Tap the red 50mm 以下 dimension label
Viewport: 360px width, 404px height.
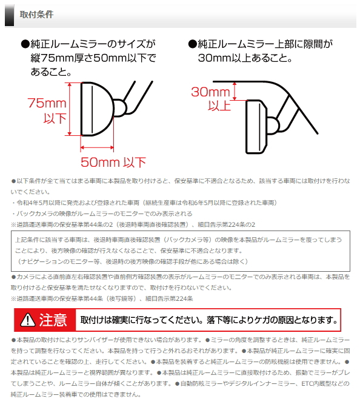point(113,161)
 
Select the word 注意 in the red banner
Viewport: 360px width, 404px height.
point(53,320)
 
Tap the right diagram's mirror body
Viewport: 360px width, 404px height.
point(256,126)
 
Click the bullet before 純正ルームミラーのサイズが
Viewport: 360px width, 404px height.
point(25,44)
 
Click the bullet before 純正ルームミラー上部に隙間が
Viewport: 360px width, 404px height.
point(193,44)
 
